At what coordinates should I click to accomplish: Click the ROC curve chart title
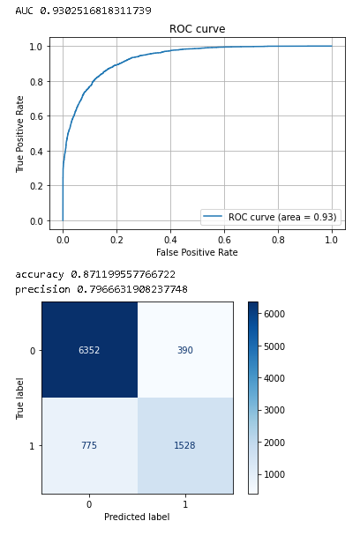[197, 29]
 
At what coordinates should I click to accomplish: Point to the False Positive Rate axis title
[197, 252]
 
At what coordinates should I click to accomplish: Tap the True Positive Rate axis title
[20, 135]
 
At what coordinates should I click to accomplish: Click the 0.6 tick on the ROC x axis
[224, 239]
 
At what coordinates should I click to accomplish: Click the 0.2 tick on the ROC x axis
[116, 239]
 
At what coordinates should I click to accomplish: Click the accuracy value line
[95, 275]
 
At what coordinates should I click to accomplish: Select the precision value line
[101, 289]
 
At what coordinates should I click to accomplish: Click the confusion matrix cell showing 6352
[90, 350]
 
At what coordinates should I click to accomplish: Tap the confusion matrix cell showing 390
[185, 350]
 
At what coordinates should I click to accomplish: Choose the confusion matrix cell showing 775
[90, 445]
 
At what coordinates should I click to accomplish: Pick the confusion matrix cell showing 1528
[185, 445]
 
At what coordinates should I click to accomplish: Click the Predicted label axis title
[137, 517]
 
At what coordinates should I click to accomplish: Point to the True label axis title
[20, 398]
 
